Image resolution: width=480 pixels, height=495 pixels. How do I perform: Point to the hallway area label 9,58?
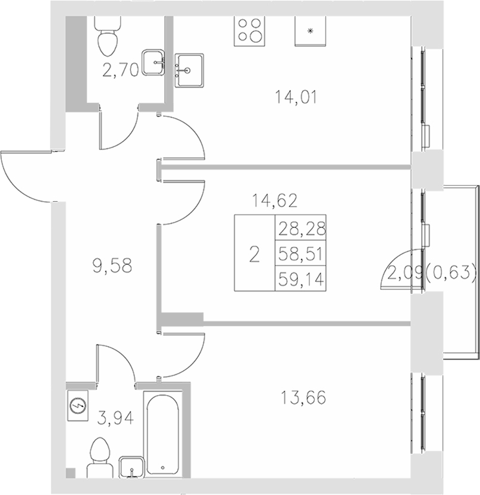pyautogui.click(x=112, y=266)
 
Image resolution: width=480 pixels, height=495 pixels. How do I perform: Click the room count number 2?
pyautogui.click(x=255, y=255)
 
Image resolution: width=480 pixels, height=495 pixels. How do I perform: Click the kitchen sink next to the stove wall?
pyautogui.click(x=190, y=70)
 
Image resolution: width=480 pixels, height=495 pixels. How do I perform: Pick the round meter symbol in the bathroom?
pyautogui.click(x=78, y=406)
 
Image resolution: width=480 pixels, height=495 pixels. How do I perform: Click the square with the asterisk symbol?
pyautogui.click(x=309, y=30)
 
